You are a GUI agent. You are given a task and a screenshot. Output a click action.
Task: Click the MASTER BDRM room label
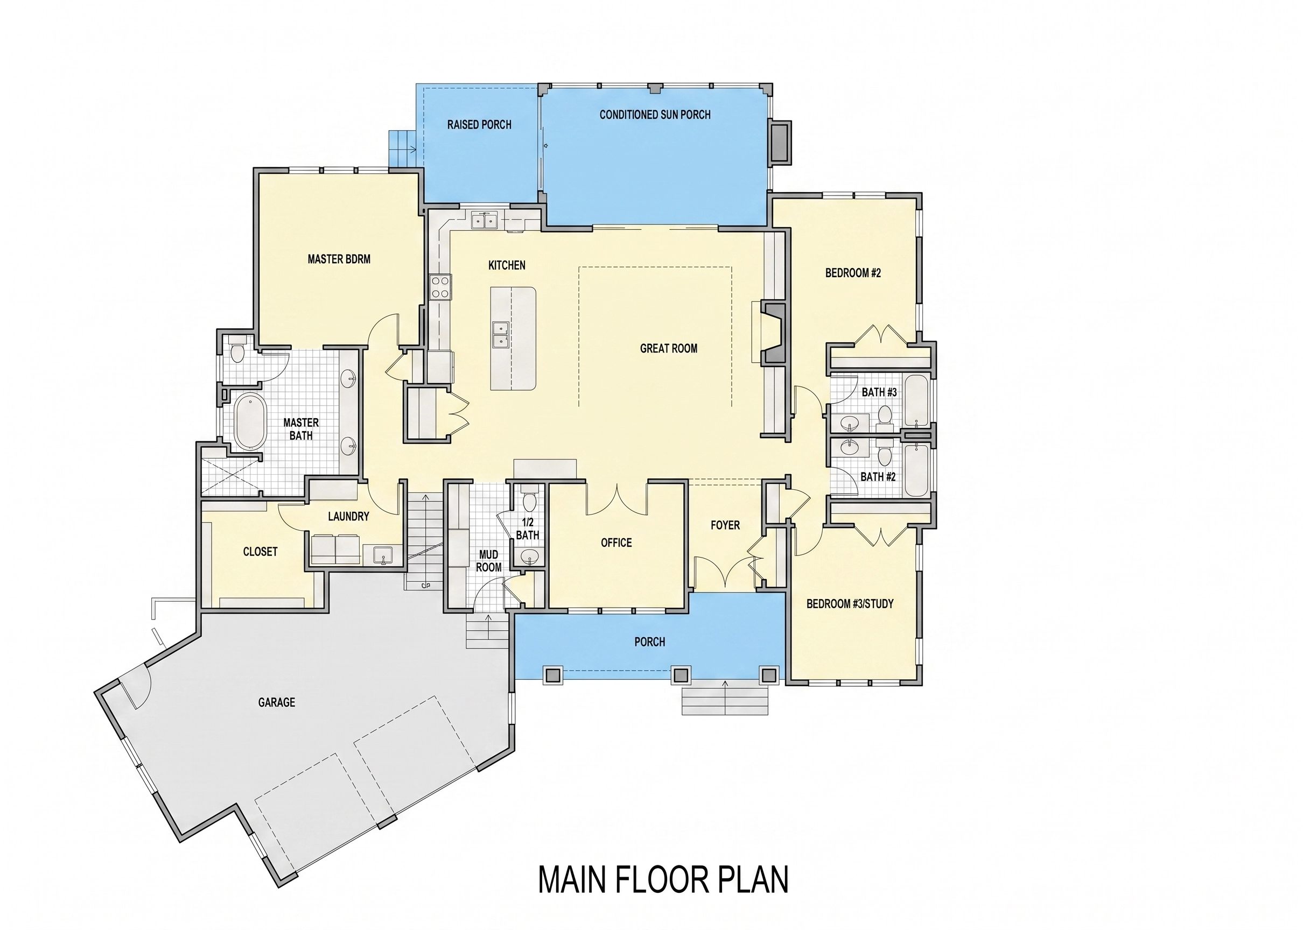tap(339, 259)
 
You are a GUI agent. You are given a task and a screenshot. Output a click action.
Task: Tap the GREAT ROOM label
tap(668, 348)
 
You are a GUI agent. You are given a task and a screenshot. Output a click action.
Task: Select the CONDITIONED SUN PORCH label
tap(655, 115)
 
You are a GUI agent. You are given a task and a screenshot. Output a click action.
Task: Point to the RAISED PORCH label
tap(479, 124)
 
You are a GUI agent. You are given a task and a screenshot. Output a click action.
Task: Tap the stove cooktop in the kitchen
tap(440, 287)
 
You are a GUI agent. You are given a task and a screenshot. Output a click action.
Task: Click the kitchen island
tap(513, 339)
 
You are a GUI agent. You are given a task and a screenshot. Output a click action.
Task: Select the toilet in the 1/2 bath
tap(529, 499)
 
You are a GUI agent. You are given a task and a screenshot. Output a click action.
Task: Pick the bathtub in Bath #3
tap(916, 400)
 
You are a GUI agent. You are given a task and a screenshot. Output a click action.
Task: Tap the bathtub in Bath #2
tap(916, 470)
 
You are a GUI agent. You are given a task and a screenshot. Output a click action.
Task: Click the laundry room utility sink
tap(382, 555)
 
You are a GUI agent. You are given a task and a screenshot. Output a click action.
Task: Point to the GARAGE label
tap(277, 702)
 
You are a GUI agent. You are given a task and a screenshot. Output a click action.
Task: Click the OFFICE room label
tap(617, 543)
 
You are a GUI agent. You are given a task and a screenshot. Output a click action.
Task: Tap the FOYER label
tap(725, 525)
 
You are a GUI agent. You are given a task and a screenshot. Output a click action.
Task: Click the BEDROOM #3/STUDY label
tap(850, 603)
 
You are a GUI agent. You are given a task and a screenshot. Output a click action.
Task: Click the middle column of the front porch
tap(680, 676)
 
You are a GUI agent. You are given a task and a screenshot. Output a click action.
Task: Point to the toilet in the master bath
tap(237, 350)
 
